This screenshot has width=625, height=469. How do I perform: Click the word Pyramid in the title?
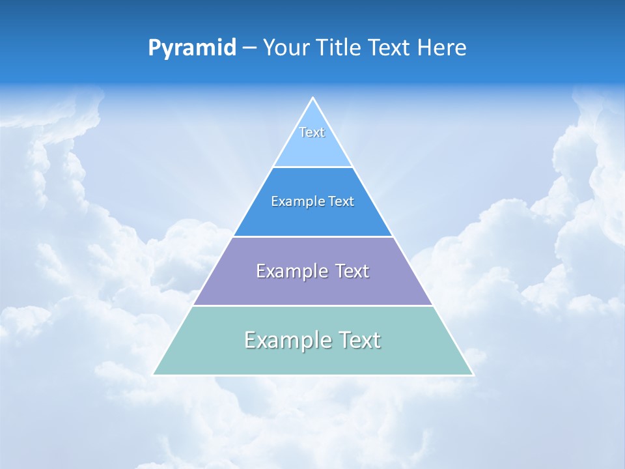(x=192, y=48)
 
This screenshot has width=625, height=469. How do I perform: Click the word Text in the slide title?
(x=391, y=48)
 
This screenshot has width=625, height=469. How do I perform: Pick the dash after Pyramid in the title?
(x=249, y=48)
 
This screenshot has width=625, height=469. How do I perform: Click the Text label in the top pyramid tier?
(x=312, y=132)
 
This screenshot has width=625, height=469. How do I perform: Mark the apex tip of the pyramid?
(x=312, y=98)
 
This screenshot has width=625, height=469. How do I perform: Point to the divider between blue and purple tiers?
(x=312, y=236)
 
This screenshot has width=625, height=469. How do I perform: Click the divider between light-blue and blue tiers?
(x=312, y=167)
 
